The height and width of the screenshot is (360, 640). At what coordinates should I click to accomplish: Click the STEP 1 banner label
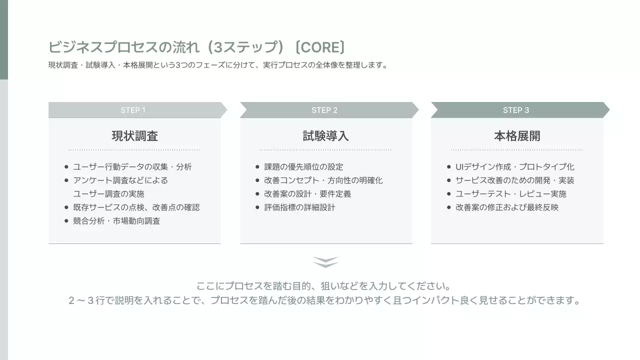coord(133,110)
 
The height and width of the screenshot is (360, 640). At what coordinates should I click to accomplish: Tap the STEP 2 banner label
coord(324,110)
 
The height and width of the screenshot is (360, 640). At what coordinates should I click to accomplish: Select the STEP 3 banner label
coord(516,110)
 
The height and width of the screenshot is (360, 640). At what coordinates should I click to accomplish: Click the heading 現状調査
coord(134,136)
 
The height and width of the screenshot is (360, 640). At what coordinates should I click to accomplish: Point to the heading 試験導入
coord(325,136)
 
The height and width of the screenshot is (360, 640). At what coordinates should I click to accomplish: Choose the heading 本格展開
coord(517,136)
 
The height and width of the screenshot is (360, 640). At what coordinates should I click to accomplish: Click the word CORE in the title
coord(320,47)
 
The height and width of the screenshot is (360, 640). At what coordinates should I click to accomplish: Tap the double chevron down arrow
coord(325,262)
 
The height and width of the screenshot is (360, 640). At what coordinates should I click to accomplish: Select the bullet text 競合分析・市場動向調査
coord(116,221)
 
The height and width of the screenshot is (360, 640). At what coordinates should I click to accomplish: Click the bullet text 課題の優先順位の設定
coord(303,167)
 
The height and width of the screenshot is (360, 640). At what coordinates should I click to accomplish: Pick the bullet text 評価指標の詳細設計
coord(299,207)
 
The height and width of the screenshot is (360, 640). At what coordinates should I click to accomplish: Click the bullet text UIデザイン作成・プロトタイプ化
coord(514,167)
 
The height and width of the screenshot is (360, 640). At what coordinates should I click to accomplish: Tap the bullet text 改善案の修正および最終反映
coord(506,207)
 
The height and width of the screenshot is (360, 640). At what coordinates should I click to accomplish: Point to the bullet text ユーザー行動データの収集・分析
coord(132,167)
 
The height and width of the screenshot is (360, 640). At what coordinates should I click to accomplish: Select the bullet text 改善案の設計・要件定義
coord(307,194)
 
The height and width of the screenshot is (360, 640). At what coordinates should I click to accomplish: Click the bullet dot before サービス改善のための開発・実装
coord(449,180)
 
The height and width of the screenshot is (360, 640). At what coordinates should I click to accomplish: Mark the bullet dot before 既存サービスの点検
coord(66,207)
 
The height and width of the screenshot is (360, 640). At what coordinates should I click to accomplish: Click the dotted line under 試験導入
coord(325,149)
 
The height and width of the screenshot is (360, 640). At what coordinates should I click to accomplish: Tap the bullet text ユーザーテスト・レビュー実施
coord(510,194)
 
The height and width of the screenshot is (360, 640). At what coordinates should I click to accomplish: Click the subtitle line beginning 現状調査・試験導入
coord(218,65)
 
